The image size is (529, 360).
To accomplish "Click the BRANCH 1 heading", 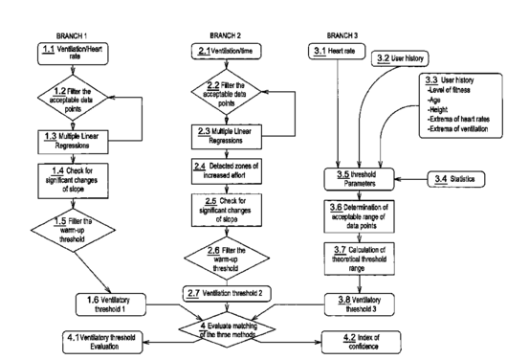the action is tap(72, 35).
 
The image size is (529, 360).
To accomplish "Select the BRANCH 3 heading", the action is tap(342, 35).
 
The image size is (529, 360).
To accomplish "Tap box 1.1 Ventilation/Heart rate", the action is tap(73, 54).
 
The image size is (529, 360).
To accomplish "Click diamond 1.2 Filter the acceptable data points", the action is tap(73, 98).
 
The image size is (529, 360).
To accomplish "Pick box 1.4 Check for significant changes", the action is tap(73, 181).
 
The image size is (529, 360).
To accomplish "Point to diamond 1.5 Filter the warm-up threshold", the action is tap(73, 231).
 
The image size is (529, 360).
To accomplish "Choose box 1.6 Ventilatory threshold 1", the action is tap(111, 304).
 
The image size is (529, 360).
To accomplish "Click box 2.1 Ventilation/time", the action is tap(227, 52).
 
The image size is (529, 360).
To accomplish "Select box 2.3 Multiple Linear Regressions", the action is tap(227, 137).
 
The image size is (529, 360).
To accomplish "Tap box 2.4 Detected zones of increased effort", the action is tap(227, 171).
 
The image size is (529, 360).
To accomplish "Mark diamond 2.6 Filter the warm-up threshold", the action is tap(227, 259).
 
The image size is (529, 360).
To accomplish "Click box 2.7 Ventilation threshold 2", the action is tap(227, 294).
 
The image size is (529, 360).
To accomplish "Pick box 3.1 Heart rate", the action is tap(337, 52).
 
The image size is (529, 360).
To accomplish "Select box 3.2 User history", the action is tap(400, 58).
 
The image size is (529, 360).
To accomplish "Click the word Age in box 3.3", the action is tap(434, 100).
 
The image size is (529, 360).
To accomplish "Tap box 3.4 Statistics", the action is tap(456, 179).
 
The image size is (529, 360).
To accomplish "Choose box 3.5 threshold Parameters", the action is tap(360, 179).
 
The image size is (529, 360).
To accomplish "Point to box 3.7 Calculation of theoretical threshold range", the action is tap(360, 259).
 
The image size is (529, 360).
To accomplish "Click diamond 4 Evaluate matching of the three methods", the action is tap(227, 329).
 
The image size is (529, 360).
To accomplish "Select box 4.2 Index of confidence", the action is tap(362, 342).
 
